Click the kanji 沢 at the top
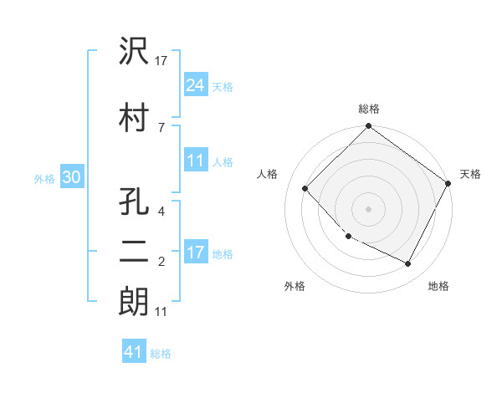click(x=134, y=53)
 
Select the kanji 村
click(x=134, y=118)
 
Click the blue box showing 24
click(x=196, y=85)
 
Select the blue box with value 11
click(x=196, y=161)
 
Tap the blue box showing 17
click(x=196, y=253)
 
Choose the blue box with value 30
click(x=71, y=177)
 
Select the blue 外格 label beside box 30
click(x=44, y=178)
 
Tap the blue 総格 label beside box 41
click(x=161, y=353)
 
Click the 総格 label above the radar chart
click(x=369, y=109)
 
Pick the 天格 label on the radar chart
click(x=470, y=174)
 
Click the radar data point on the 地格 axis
click(x=408, y=264)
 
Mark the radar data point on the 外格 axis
click(x=349, y=237)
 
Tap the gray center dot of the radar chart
click(x=369, y=208)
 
